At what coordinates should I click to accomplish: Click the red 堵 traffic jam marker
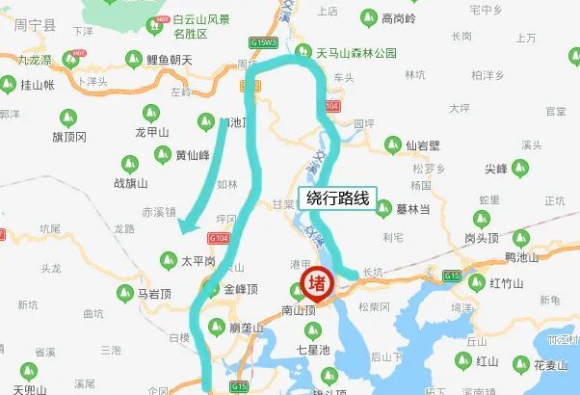tap(315, 282)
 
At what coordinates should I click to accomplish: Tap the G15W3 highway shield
tap(262, 43)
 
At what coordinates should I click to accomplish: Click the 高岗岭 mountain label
tap(398, 17)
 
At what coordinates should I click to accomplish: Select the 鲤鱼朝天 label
tap(170, 61)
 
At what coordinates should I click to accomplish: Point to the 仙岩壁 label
tap(422, 145)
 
